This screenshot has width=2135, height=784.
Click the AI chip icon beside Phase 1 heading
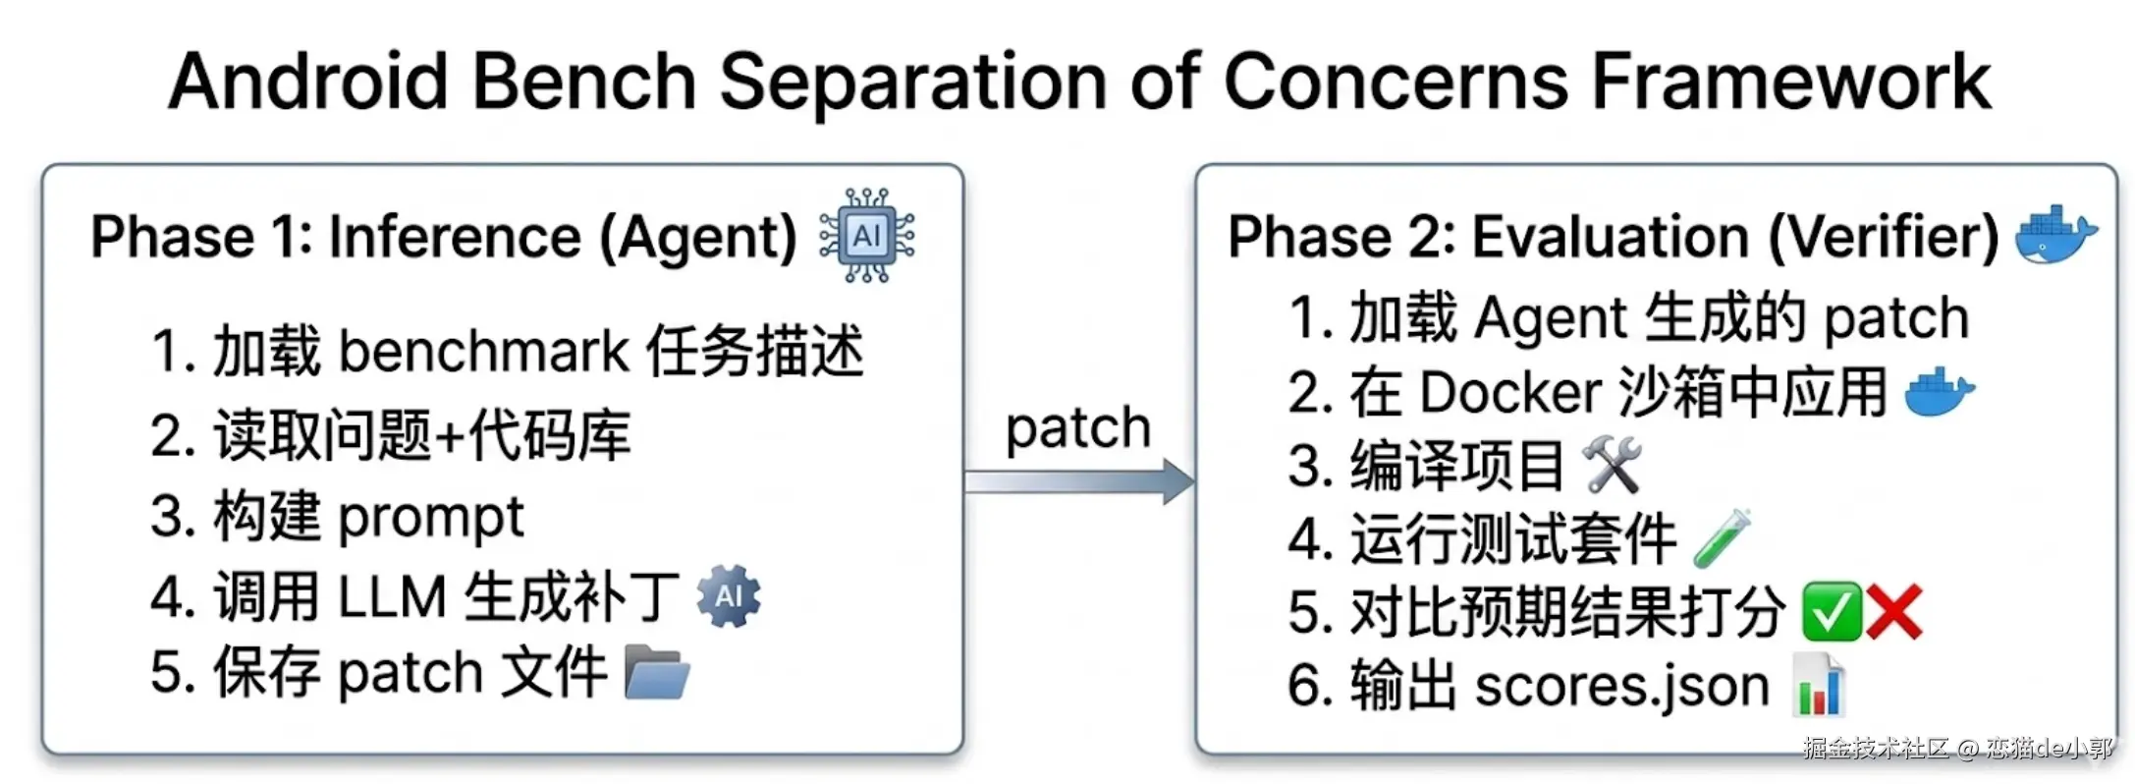click(867, 236)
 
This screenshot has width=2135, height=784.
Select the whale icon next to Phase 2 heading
click(2054, 235)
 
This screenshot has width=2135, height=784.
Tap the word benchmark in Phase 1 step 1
click(483, 351)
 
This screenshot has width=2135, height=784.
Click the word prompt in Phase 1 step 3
click(431, 517)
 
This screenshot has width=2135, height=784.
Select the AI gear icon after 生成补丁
click(729, 595)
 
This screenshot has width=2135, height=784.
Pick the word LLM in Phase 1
click(392, 596)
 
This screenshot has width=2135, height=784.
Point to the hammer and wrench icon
click(1612, 465)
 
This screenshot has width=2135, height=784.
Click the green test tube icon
click(1722, 537)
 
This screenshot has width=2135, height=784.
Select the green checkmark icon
click(1832, 611)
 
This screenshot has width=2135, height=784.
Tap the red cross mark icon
click(1893, 611)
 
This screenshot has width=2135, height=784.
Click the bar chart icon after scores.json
click(1819, 685)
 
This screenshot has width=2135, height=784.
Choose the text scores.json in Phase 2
click(1621, 685)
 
